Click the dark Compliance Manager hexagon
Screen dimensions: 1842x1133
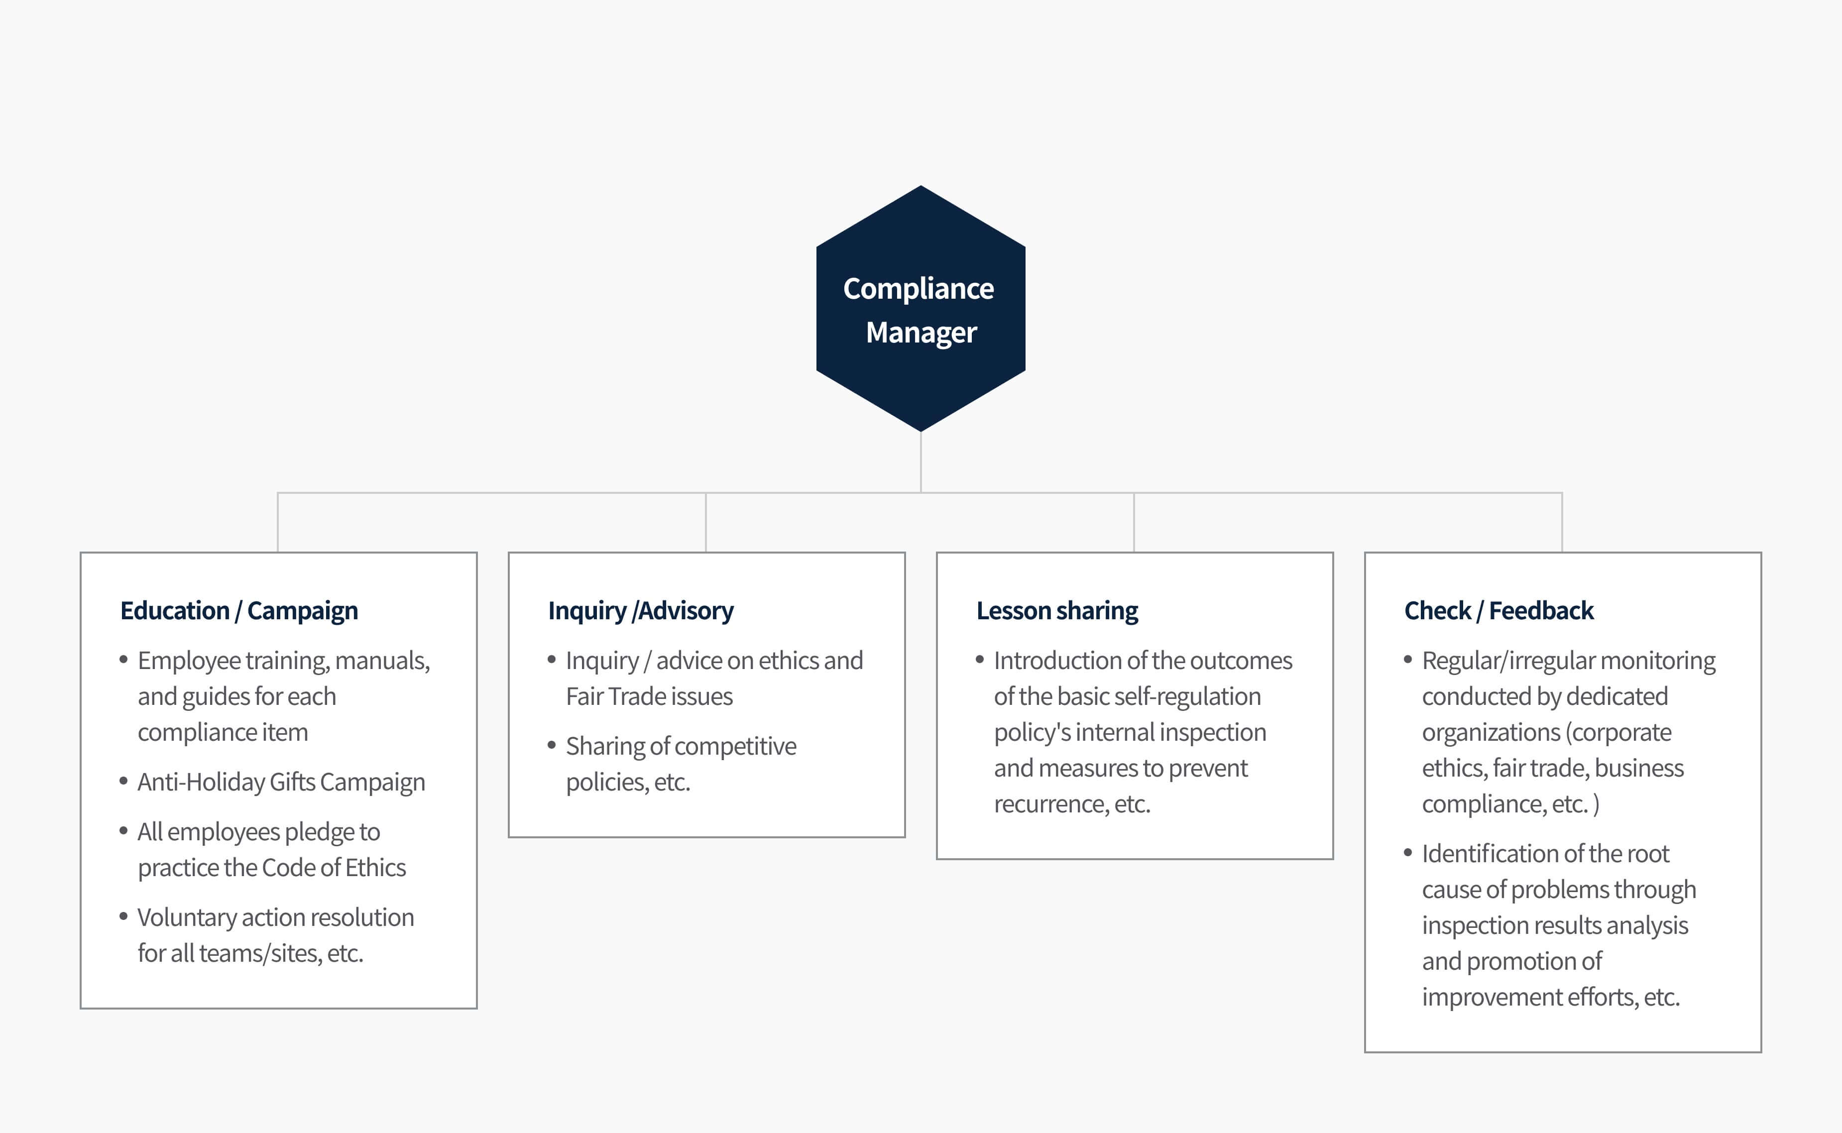920,308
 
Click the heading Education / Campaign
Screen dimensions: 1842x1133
239,611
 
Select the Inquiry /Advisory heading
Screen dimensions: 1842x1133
641,611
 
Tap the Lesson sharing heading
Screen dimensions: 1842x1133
1056,611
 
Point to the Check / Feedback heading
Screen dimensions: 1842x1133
1499,611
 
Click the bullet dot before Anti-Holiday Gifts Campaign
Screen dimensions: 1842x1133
123,781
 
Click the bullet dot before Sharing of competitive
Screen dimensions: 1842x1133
552,745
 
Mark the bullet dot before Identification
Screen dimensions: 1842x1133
1408,853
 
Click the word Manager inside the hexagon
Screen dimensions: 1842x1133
921,333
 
